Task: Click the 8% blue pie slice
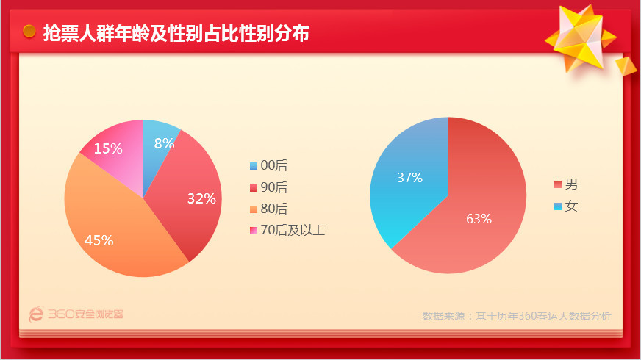[157, 151]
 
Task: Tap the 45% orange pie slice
[118, 228]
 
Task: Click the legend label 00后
[274, 165]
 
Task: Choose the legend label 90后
[274, 187]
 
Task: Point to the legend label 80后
[274, 209]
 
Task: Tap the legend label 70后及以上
[293, 230]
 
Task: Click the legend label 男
[571, 184]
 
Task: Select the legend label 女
[571, 206]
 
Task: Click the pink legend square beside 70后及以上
[254, 231]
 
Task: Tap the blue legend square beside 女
[558, 206]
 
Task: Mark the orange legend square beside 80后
[254, 209]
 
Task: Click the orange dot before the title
[29, 31]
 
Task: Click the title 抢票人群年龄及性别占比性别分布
[176, 33]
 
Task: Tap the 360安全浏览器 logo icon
[36, 314]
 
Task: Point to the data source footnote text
[517, 316]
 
